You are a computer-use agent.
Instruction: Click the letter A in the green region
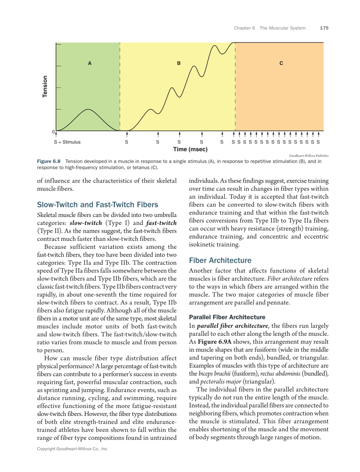(89, 64)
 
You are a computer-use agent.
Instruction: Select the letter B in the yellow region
(179, 64)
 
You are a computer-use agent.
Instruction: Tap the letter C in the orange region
(281, 64)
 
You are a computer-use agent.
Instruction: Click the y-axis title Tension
(45, 87)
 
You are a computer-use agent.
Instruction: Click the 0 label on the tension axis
(53, 132)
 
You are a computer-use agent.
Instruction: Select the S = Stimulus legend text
(67, 142)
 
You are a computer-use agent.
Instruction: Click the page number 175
(324, 28)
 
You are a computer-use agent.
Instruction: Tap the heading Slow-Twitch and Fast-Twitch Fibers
(98, 205)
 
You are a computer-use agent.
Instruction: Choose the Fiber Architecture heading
(220, 260)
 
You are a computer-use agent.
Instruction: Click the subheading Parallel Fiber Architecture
(227, 317)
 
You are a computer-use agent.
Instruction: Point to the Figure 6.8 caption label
(49, 161)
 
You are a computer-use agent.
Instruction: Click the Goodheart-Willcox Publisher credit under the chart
(309, 156)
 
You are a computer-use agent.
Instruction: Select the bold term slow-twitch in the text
(86, 223)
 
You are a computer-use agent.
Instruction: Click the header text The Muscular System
(282, 28)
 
